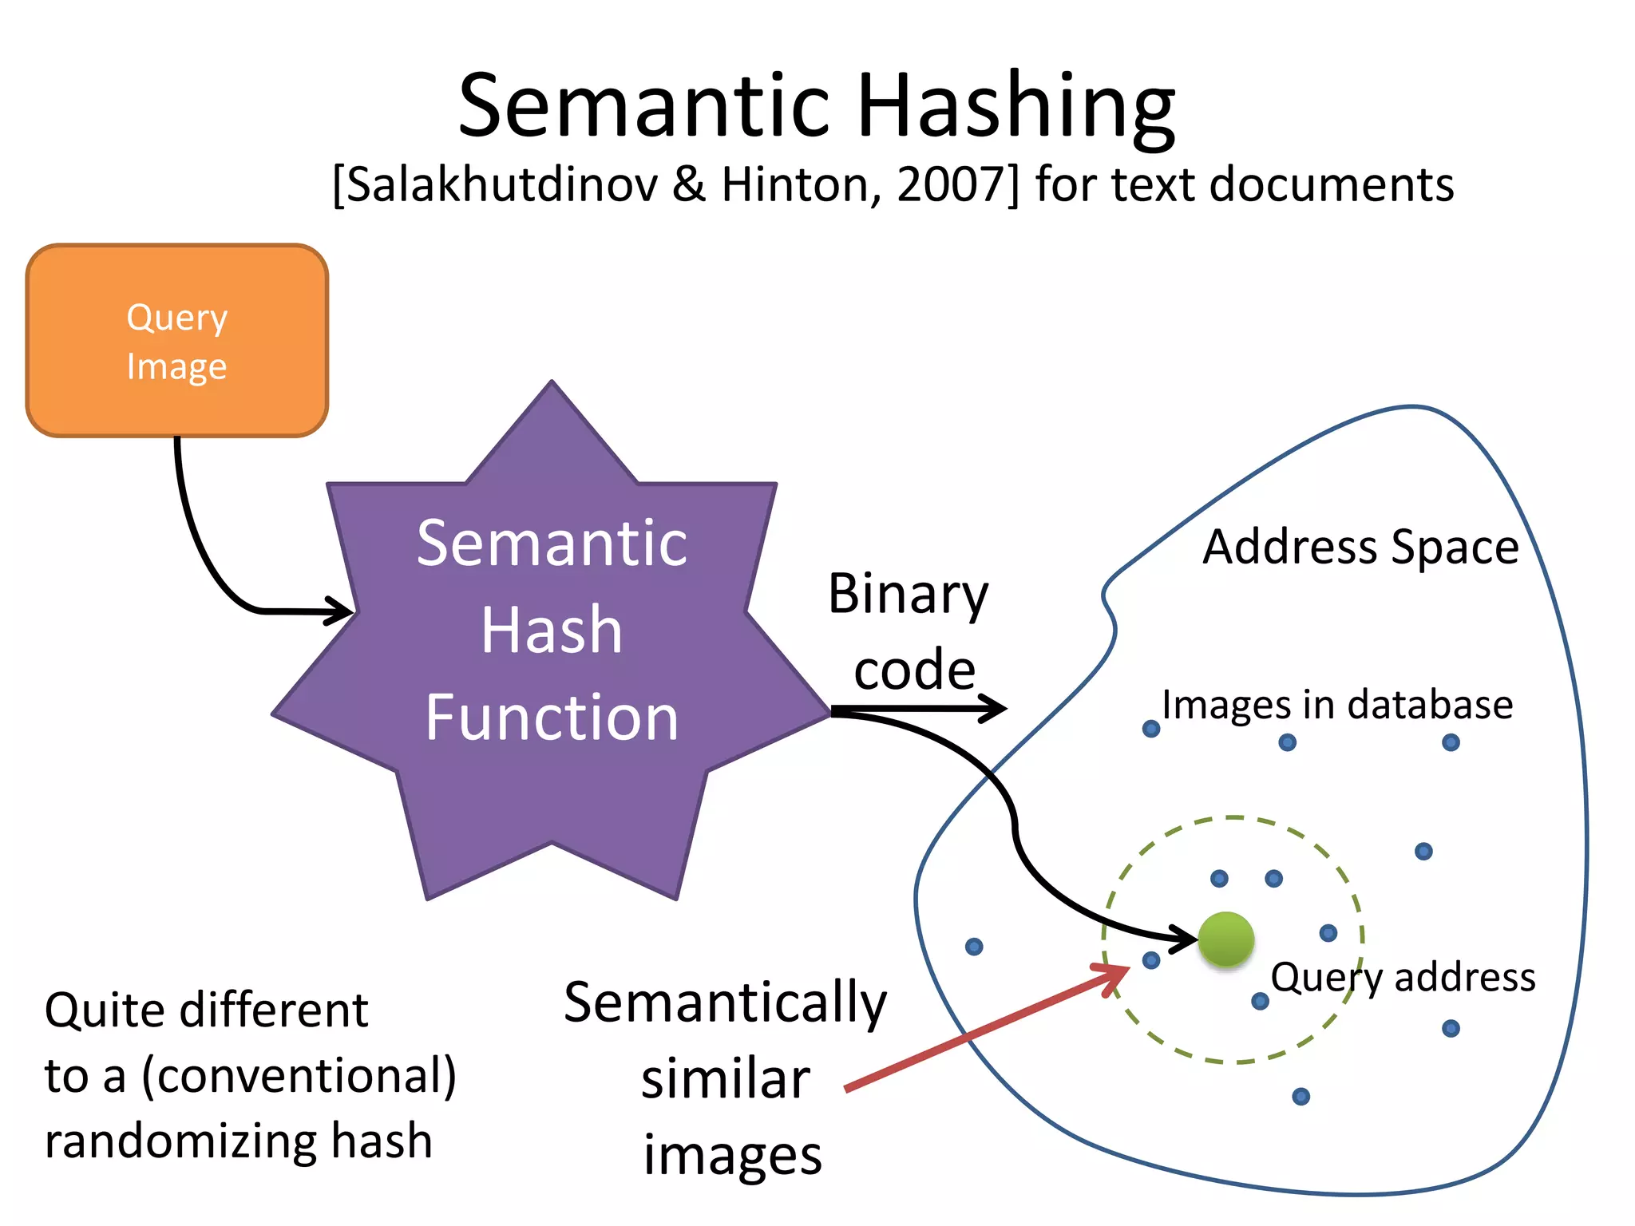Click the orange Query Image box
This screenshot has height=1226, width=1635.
pyautogui.click(x=176, y=340)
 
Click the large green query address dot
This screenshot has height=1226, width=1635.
pyautogui.click(x=1225, y=939)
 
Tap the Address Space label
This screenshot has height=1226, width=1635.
pyautogui.click(x=1360, y=548)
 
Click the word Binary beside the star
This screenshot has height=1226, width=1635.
pyautogui.click(x=908, y=595)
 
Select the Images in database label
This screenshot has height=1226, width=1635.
pyautogui.click(x=1337, y=705)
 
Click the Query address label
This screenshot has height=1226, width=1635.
pyautogui.click(x=1403, y=977)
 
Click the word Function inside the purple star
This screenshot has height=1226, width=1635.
pyautogui.click(x=552, y=717)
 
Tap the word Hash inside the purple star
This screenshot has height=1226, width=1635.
pyautogui.click(x=552, y=630)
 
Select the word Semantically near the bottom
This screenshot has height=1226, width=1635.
pyautogui.click(x=725, y=1003)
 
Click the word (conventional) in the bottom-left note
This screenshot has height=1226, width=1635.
pyautogui.click(x=299, y=1075)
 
